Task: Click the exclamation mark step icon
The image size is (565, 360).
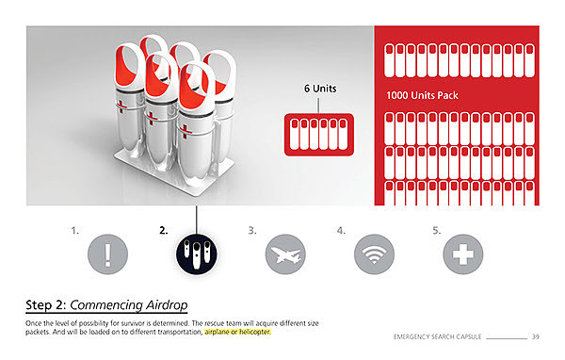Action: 107,254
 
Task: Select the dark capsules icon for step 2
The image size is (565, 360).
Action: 197,254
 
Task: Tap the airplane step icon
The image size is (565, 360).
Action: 285,254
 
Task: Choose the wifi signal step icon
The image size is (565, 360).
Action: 374,254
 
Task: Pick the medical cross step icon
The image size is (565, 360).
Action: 463,254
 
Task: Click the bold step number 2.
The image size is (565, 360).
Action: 164,231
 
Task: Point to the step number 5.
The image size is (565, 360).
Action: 436,231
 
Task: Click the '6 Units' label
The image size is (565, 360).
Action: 320,89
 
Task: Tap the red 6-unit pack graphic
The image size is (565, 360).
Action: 319,135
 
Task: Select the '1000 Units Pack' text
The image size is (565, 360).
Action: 422,95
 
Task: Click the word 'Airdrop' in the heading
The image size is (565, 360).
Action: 167,305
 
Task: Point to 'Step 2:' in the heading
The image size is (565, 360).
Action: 46,305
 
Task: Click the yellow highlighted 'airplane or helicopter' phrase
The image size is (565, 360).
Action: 237,332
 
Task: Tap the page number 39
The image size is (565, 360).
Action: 536,337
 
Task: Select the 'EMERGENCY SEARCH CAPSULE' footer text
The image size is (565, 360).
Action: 438,337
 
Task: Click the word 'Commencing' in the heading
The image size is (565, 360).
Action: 106,305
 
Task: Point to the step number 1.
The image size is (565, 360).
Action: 74,231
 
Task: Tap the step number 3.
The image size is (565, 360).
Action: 252,231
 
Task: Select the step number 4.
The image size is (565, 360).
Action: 341,231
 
